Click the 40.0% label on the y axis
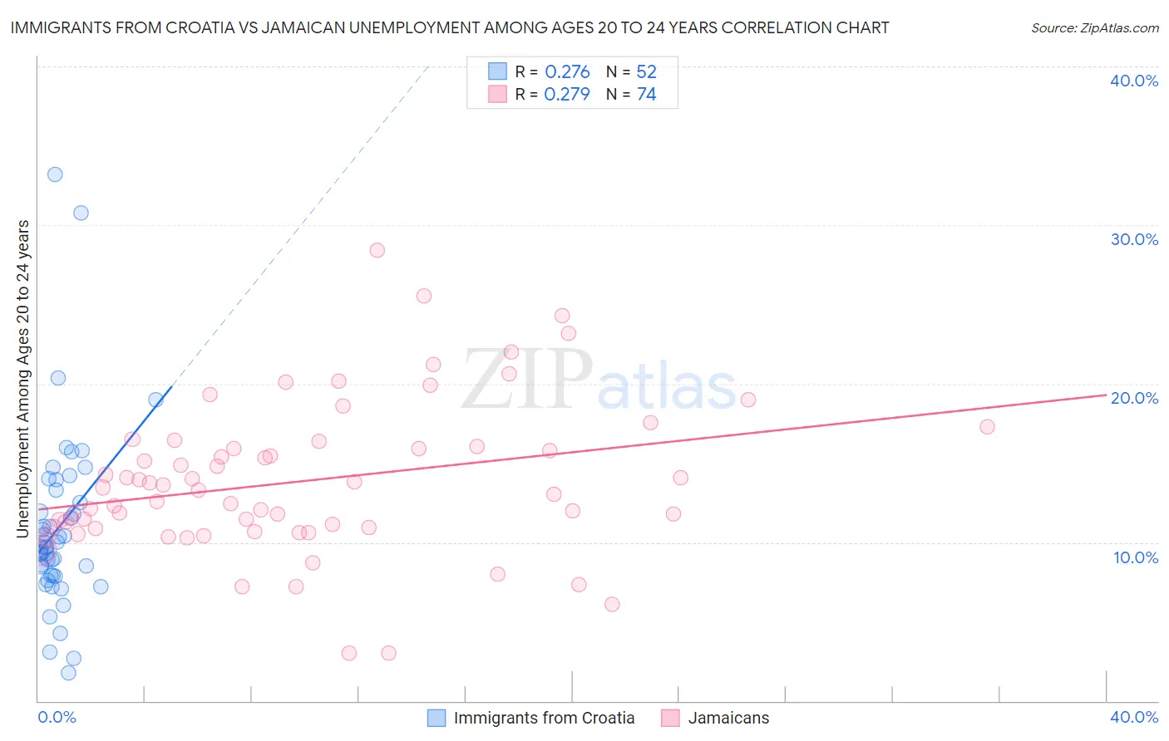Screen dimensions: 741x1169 coord(1134,81)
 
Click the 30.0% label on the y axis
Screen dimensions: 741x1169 coord(1134,239)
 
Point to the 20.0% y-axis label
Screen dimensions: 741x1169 coord(1134,398)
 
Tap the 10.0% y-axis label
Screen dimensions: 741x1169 coord(1136,557)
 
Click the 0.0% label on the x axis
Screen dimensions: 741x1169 coord(57,717)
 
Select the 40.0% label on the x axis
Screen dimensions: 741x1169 coord(1134,717)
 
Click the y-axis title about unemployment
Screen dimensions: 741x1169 coord(23,379)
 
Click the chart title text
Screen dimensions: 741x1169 coord(450,27)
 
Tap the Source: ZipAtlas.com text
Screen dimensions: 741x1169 coord(1094,27)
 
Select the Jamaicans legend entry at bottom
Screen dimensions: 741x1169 coord(728,718)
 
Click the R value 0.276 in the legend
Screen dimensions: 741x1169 coord(567,72)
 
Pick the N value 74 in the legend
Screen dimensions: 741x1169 coord(646,95)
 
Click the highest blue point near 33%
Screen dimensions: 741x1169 coord(55,174)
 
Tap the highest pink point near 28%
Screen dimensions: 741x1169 coord(377,250)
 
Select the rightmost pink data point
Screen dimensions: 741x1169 coord(987,427)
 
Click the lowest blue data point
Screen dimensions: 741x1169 coord(68,673)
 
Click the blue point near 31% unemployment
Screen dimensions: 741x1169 coord(81,213)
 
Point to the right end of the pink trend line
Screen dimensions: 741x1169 coord(1105,395)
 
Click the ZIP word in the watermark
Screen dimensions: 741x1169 coord(526,380)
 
